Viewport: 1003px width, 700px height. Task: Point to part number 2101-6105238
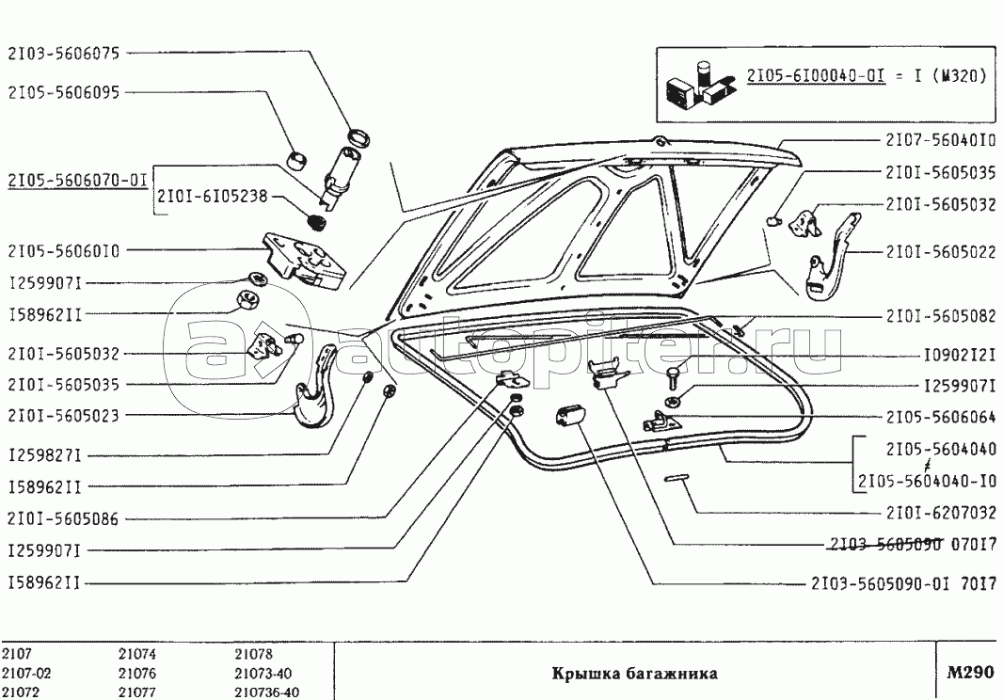click(x=213, y=197)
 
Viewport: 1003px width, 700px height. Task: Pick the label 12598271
click(x=46, y=455)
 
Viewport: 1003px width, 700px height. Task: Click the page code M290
click(x=969, y=673)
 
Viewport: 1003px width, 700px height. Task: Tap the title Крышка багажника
click(x=634, y=674)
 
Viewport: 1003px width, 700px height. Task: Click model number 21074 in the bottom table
click(x=137, y=655)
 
